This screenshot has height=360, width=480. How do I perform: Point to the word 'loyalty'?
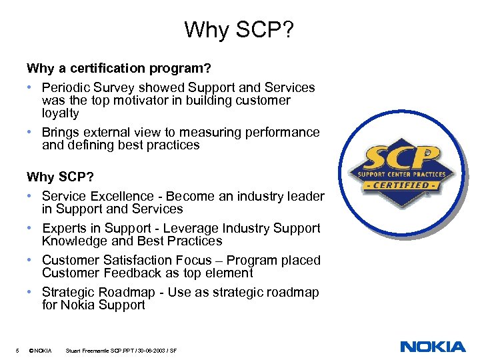[60, 113]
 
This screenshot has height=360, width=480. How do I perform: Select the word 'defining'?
[91, 145]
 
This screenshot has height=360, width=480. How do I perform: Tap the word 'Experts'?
[65, 228]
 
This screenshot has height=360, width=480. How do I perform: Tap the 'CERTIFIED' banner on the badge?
[401, 185]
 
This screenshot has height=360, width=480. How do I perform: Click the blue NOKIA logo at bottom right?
[433, 346]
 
